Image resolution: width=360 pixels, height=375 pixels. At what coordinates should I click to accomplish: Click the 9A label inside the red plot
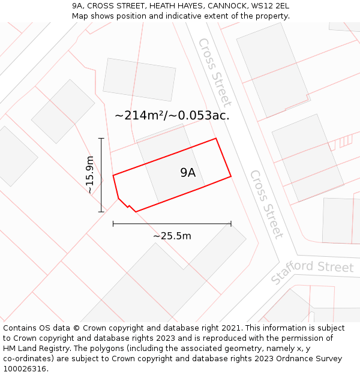(188, 173)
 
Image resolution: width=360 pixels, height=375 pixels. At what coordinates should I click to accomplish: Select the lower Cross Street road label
(266, 204)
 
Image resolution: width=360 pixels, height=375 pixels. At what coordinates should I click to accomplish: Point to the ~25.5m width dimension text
(172, 236)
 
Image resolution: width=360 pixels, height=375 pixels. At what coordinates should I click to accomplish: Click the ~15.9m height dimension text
(90, 175)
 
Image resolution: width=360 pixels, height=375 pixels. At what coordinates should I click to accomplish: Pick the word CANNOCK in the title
(226, 6)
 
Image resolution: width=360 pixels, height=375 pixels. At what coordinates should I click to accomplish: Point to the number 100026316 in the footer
(24, 369)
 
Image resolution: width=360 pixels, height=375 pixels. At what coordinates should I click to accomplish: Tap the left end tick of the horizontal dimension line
(113, 224)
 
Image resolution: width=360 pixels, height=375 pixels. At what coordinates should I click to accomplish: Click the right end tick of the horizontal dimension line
(231, 224)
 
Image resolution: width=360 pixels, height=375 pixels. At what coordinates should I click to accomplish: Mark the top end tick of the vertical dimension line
(101, 139)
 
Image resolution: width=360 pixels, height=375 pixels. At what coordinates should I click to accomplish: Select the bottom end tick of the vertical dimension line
(101, 211)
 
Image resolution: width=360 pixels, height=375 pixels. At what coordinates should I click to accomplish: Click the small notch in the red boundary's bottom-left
(128, 206)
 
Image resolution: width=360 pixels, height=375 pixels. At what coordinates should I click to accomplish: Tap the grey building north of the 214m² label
(140, 80)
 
